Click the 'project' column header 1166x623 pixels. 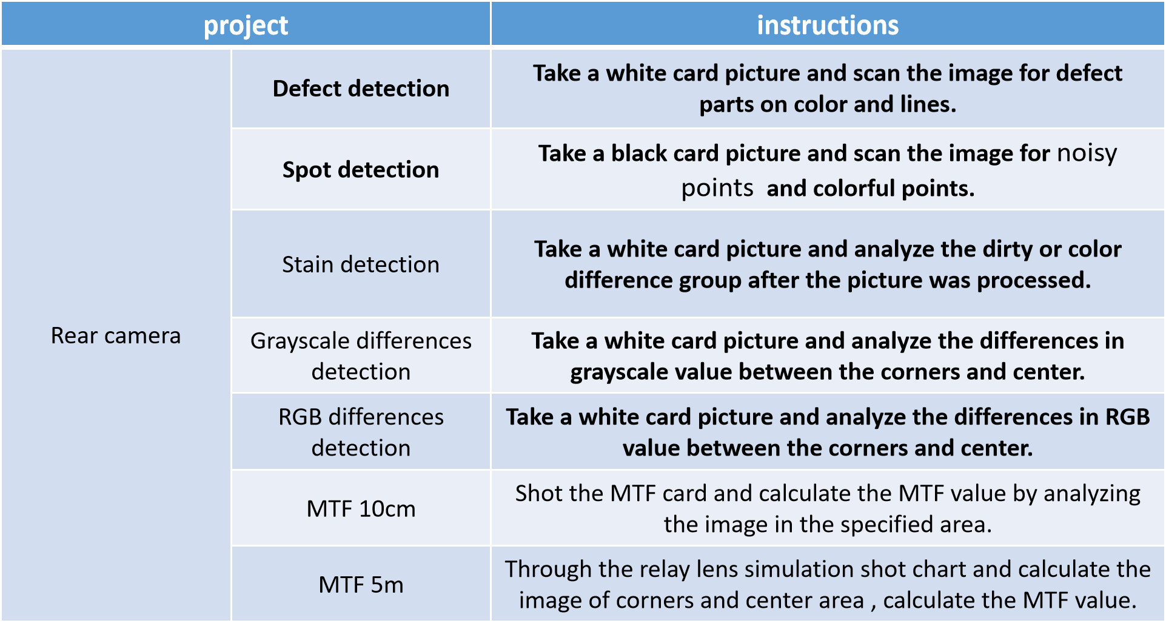[246, 25]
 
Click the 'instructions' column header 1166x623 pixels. [828, 25]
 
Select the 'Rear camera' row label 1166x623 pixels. [116, 335]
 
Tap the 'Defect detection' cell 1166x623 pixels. [361, 89]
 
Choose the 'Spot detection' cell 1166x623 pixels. [361, 170]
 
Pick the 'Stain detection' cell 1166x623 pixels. [361, 264]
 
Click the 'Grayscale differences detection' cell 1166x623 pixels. [361, 356]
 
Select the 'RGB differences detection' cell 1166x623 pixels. [361, 432]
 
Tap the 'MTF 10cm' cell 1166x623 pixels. [361, 508]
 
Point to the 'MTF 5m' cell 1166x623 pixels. [361, 585]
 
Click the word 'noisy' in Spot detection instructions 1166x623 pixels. [1087, 153]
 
